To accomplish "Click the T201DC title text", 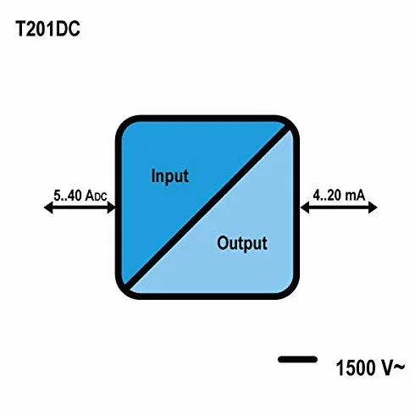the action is click(47, 29).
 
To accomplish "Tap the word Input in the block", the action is click(169, 176).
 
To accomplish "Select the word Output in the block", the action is click(242, 243).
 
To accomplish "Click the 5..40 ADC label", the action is click(80, 196).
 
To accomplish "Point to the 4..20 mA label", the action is click(339, 195).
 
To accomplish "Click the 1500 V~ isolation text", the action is click(370, 368).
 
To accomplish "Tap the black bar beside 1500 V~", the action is click(297, 359).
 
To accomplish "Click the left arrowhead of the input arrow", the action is click(48, 207).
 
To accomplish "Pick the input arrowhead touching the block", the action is click(112, 207).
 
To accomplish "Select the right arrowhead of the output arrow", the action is click(373, 207).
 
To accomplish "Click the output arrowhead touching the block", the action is click(305, 207).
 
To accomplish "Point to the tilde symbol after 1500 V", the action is click(400, 367).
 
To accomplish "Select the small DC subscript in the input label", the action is click(101, 197).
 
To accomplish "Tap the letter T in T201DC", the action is click(20, 29).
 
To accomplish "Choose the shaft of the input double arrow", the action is click(80, 207).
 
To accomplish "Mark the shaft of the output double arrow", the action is click(339, 207).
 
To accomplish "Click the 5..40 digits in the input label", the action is click(68, 196).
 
